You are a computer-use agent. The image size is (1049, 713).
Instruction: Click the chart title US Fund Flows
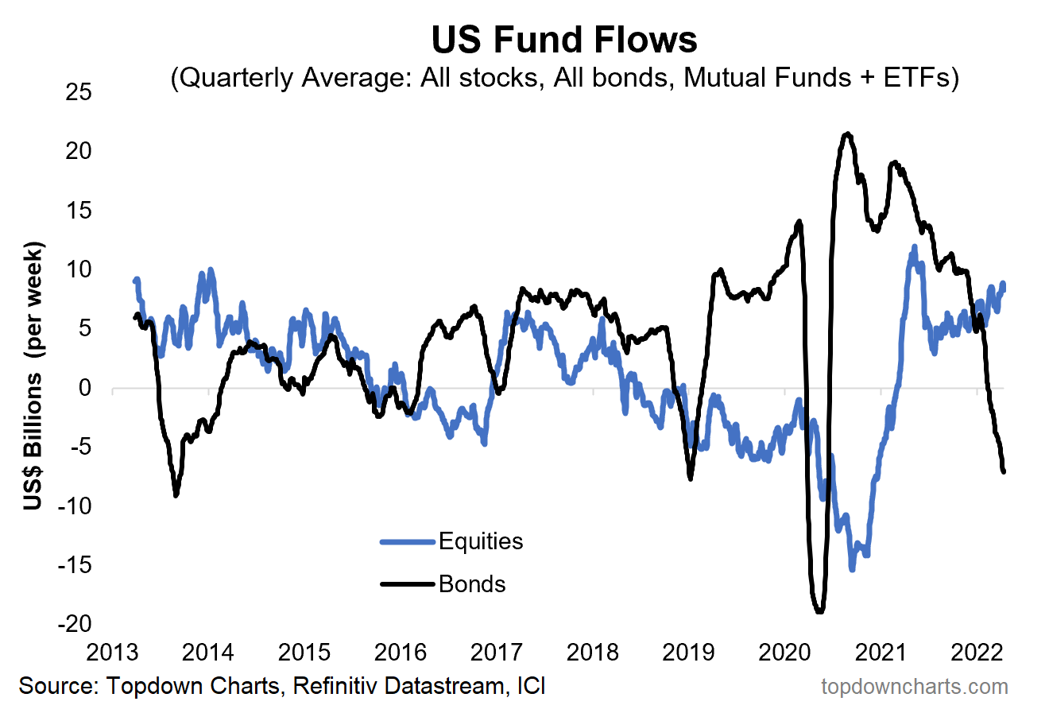coord(564,39)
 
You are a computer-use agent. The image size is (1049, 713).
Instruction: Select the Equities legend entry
coord(480,541)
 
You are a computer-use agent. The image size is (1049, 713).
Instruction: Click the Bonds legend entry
coord(471,584)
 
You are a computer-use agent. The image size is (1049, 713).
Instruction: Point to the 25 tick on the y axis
coord(79,92)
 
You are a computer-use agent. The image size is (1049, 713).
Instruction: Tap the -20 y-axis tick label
coord(75,624)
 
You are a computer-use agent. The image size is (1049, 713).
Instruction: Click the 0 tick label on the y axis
coord(84,388)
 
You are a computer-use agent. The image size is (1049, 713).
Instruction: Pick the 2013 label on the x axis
coord(112,653)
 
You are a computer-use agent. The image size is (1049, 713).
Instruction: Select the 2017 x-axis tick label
coord(496,653)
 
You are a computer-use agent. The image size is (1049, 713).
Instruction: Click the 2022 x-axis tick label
coord(977,653)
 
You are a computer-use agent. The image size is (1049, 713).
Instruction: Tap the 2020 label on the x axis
coord(784,653)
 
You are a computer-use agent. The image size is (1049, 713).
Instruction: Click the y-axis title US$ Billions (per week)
coord(33,375)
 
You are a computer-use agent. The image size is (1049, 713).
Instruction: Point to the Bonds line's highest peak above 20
coord(848,134)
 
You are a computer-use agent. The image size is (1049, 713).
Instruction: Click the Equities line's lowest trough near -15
coord(852,568)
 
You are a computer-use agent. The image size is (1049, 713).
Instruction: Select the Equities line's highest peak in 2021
coord(914,247)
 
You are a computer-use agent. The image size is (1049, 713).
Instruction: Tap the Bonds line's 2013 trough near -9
coord(176,494)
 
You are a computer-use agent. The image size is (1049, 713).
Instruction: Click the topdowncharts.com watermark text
coord(914,686)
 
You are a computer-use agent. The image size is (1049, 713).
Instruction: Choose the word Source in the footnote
coord(55,686)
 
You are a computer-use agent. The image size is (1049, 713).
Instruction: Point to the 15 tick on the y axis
coord(79,210)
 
